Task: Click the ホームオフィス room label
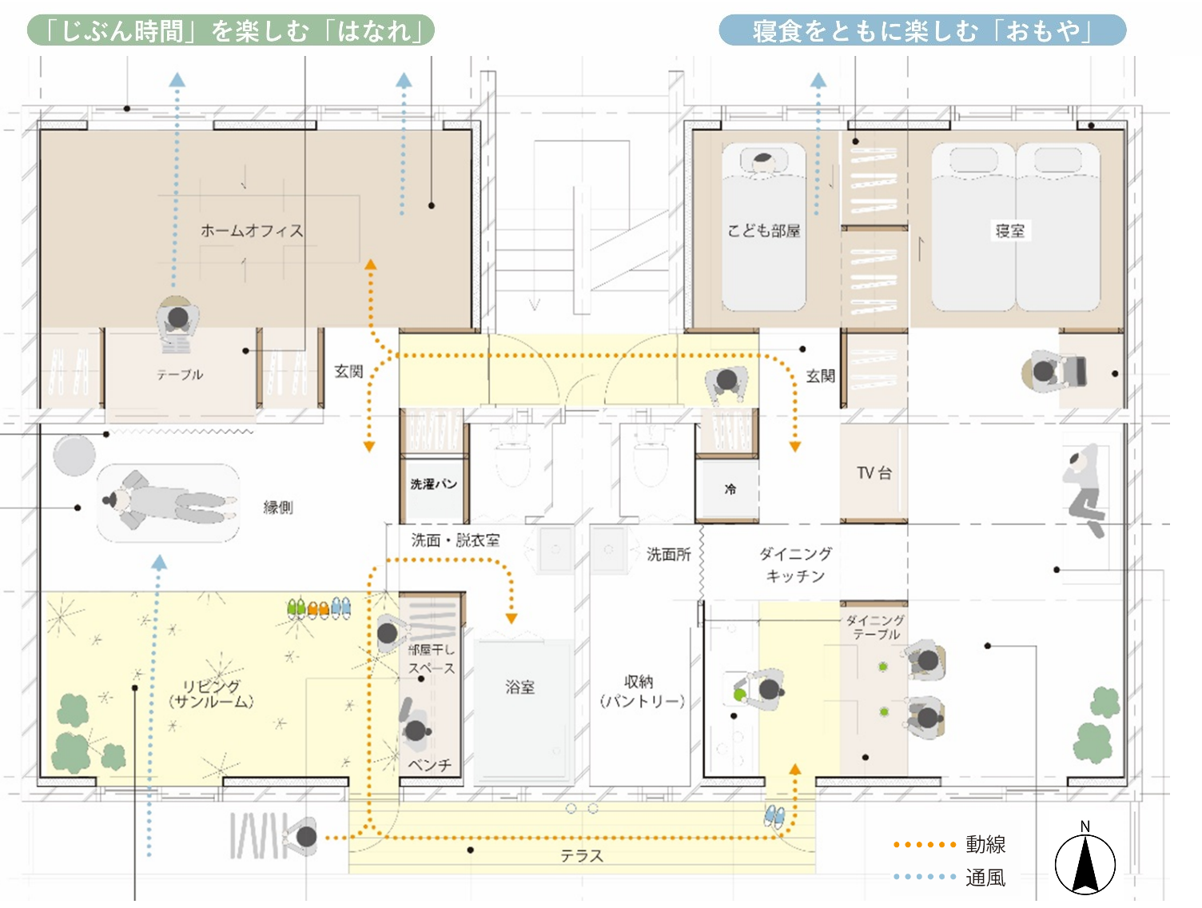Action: click(x=252, y=231)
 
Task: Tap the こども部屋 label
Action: click(x=763, y=231)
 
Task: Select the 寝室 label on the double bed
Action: click(x=1009, y=231)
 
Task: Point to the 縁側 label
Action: click(x=278, y=508)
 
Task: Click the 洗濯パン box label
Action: click(x=433, y=484)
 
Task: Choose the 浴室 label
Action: click(x=520, y=687)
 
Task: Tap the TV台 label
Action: click(x=874, y=473)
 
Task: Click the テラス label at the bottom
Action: click(x=581, y=856)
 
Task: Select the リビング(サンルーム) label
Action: click(x=211, y=694)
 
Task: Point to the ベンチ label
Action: click(x=430, y=765)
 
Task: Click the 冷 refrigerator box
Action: click(x=730, y=489)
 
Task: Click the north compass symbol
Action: click(x=1085, y=863)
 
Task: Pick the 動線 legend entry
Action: click(x=985, y=844)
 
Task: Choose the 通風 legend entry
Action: click(x=985, y=878)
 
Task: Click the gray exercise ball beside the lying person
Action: click(x=74, y=454)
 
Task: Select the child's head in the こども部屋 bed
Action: click(x=763, y=162)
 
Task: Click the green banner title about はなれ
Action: click(x=231, y=31)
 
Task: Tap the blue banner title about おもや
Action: click(x=922, y=31)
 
